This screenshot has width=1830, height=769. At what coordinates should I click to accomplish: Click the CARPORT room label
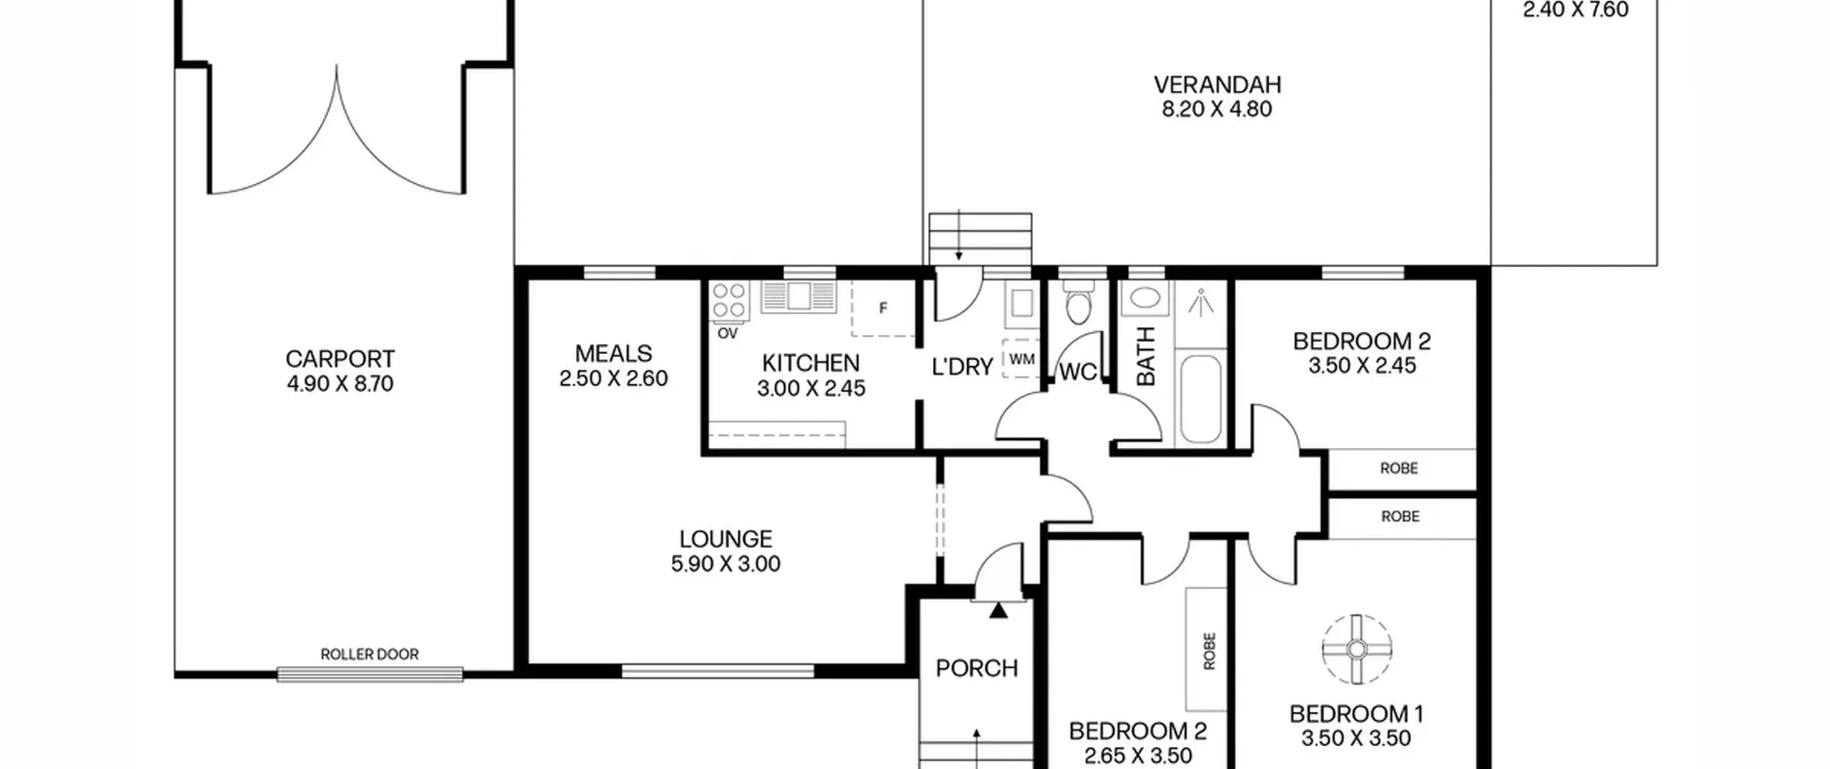pos(340,358)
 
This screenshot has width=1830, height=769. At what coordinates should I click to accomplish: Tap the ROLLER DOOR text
pos(370,654)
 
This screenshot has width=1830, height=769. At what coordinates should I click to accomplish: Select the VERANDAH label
pos(1217,84)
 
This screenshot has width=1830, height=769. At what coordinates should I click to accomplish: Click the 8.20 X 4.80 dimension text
pos(1217,109)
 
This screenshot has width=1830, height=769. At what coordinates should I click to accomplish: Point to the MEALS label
pos(613,353)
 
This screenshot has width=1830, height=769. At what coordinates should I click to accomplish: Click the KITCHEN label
pos(811,363)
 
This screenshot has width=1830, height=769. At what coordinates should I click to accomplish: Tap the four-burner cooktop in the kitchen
pos(729,300)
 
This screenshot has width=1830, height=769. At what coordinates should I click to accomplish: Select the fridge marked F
pos(884,308)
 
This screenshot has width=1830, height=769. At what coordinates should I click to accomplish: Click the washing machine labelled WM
pos(1022,359)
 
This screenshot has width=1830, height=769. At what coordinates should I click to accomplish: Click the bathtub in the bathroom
pos(1201,398)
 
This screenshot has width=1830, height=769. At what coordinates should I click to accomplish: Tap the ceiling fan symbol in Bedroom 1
pos(1357,650)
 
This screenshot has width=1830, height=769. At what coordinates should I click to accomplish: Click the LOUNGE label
pos(726,539)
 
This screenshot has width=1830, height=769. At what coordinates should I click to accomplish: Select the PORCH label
pos(976,668)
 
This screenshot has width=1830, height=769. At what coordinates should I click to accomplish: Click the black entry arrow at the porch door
pos(999,610)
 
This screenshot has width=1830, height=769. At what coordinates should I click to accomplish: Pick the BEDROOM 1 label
pos(1356,714)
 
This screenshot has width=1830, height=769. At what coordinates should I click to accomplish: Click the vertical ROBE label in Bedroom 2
pos(1209,651)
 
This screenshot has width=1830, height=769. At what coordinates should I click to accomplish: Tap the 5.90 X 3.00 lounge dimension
pos(726,564)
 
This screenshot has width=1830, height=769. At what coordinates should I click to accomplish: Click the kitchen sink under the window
pos(798,296)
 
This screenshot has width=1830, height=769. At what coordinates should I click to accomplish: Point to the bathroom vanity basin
pos(1144,298)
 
